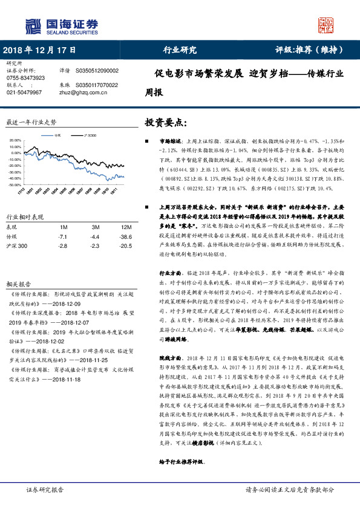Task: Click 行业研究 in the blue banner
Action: [180, 50]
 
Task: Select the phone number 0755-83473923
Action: [25, 78]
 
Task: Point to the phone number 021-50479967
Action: [24, 92]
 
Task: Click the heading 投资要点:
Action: [166, 122]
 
